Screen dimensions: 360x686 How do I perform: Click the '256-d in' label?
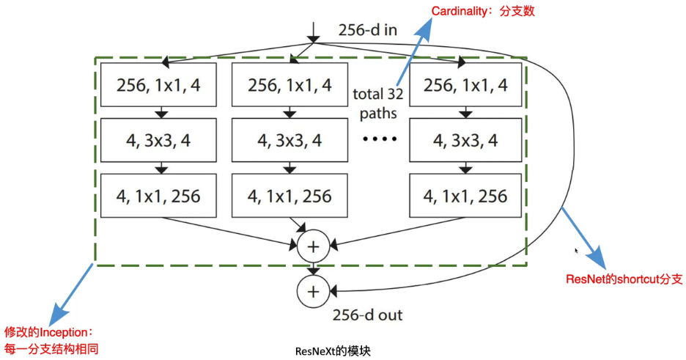[x=369, y=31]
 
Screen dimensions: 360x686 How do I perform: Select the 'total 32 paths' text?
[x=377, y=103]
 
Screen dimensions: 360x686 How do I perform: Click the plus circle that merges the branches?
[x=313, y=246]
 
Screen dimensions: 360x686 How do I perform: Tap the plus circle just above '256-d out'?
[x=313, y=291]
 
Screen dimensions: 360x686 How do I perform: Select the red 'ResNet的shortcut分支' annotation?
[x=624, y=279]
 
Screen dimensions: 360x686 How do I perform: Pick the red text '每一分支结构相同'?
[x=51, y=348]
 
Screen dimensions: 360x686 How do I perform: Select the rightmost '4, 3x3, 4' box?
[x=466, y=141]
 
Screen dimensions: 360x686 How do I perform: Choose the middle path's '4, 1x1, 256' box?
[x=289, y=196]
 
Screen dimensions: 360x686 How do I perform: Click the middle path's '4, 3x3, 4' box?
[x=289, y=141]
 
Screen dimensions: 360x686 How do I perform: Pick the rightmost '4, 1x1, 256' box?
[x=466, y=196]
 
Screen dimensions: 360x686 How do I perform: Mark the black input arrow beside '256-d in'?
[x=314, y=32]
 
